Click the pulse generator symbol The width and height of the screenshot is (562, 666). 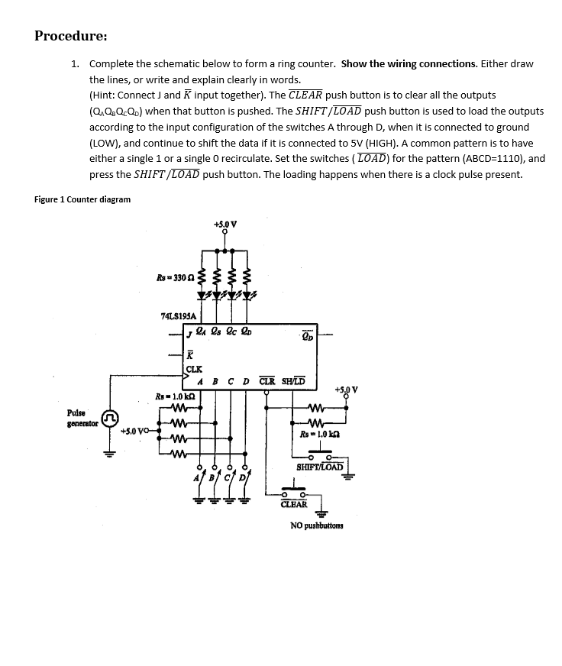pos(111,419)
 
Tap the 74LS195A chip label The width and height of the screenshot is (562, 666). pos(178,315)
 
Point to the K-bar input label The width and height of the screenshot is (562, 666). pos(191,354)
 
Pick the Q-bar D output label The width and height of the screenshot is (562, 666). pos(307,334)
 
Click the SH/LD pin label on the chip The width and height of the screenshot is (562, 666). pos(294,381)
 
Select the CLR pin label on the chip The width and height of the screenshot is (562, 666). pos(267,381)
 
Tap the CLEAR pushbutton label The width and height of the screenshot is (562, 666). pos(294,504)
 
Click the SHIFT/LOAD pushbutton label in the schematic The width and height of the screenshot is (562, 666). pos(319,467)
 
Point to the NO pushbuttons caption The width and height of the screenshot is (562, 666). pos(317,525)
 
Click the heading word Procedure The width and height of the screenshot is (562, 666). pos(70,36)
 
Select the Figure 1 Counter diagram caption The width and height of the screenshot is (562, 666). pos(82,199)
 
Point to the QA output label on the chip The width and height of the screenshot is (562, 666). pos(201,333)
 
